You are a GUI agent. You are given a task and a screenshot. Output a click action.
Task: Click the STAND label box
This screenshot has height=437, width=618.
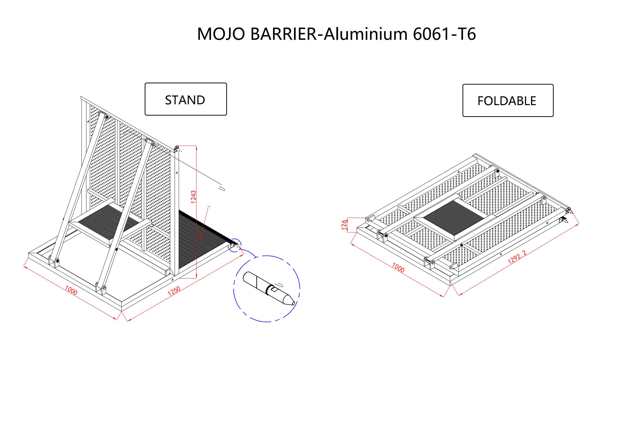[x=186, y=99]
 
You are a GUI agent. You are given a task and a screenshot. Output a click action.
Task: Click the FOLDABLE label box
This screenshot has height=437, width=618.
[x=508, y=100]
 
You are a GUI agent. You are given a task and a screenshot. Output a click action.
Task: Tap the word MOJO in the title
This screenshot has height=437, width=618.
[x=221, y=34]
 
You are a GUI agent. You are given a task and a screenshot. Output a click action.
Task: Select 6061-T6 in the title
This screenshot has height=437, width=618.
[x=444, y=34]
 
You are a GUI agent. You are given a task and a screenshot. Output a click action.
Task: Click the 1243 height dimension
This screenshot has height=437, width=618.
[x=194, y=197]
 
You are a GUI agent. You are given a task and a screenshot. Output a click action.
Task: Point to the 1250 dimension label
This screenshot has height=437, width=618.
[x=174, y=291]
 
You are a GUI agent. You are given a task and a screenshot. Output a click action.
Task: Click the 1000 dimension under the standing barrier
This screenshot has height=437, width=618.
[x=71, y=290]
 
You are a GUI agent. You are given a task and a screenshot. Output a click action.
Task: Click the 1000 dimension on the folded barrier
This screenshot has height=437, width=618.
[x=398, y=267]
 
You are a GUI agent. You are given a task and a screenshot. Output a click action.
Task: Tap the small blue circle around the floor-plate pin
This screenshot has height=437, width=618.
[x=234, y=245]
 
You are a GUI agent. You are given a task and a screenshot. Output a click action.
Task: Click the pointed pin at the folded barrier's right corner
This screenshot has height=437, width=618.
[x=571, y=212]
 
